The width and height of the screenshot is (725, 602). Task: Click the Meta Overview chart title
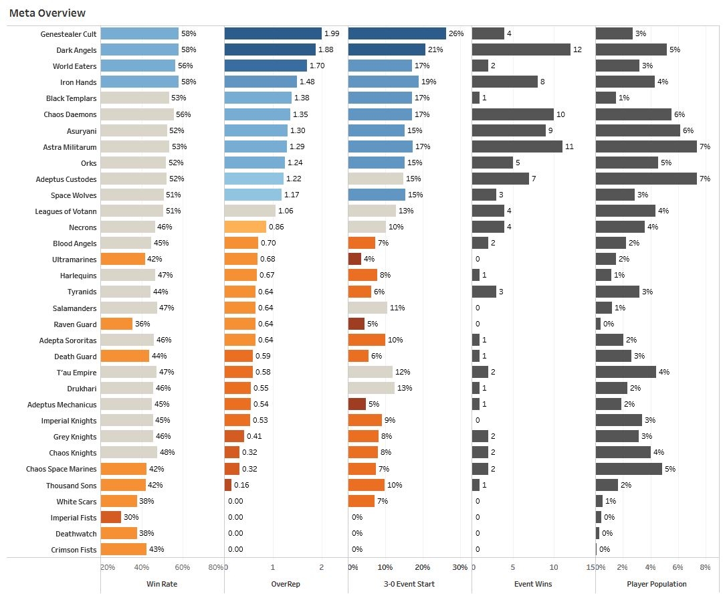click(x=47, y=13)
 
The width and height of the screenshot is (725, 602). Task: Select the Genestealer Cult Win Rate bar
click(x=140, y=33)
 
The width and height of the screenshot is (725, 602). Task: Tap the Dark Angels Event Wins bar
click(x=521, y=49)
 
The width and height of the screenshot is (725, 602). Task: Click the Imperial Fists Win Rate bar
click(x=111, y=517)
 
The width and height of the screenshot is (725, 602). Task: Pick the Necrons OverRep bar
click(x=245, y=227)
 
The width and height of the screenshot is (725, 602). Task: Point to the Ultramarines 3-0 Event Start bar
click(x=354, y=259)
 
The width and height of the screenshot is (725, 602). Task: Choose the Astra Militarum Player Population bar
click(x=646, y=146)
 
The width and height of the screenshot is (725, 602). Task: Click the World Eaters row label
click(x=75, y=66)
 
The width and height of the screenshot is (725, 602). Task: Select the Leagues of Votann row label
click(x=66, y=211)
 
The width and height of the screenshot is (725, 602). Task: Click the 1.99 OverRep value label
click(x=332, y=33)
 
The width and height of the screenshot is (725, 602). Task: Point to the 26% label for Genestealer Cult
click(x=456, y=33)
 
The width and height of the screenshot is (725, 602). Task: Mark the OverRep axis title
click(x=286, y=584)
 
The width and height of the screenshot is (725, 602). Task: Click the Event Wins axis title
click(x=533, y=584)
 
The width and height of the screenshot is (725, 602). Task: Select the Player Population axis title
click(x=657, y=584)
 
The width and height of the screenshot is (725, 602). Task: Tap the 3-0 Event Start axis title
click(x=409, y=584)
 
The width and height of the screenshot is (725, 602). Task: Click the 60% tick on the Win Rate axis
click(x=182, y=567)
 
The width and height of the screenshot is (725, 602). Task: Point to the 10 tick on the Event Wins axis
click(x=554, y=567)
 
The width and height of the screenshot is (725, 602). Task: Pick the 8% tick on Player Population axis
click(x=704, y=567)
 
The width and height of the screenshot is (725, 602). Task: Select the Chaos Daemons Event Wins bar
click(x=513, y=114)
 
